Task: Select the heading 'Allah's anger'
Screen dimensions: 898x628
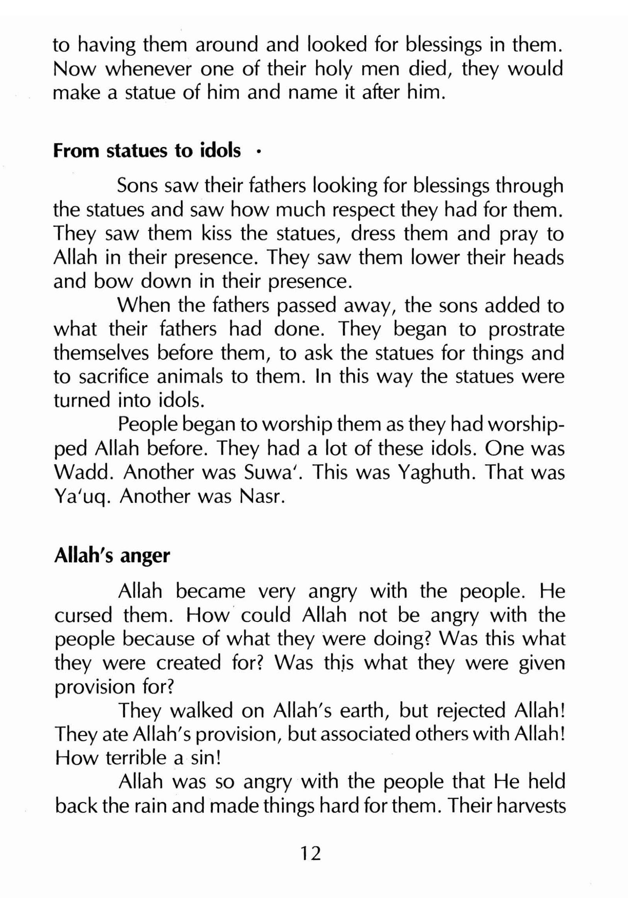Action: coord(112,556)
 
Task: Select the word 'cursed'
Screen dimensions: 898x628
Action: coord(83,616)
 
